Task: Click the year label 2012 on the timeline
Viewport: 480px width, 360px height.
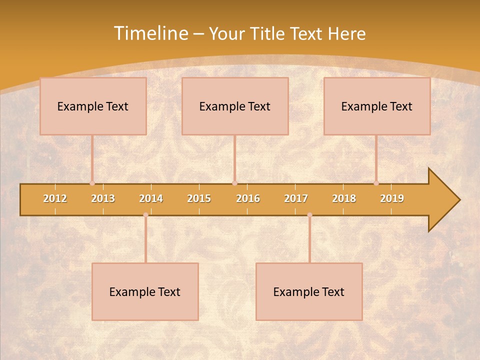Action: click(x=55, y=198)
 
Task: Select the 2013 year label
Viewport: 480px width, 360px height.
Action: click(x=103, y=198)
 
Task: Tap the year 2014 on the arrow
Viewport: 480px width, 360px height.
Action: click(x=151, y=198)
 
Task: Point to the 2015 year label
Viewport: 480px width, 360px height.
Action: click(x=199, y=198)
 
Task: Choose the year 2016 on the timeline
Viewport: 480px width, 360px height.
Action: click(x=248, y=198)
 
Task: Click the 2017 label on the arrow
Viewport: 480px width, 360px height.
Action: click(x=296, y=198)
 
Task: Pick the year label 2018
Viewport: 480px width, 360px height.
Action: click(x=344, y=198)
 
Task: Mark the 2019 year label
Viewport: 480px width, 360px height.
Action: click(x=392, y=198)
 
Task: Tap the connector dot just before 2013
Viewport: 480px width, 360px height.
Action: click(x=92, y=183)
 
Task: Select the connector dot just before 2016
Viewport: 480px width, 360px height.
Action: click(x=234, y=183)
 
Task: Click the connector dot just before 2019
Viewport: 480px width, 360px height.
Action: click(x=376, y=183)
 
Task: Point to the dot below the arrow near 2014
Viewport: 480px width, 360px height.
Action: click(x=145, y=215)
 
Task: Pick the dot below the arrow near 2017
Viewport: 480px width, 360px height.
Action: click(x=309, y=215)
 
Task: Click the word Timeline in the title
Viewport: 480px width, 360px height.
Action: click(x=150, y=33)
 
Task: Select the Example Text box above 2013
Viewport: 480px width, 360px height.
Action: click(x=93, y=106)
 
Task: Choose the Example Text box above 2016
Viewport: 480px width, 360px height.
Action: click(x=235, y=106)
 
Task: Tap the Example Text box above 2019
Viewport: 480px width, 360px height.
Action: click(x=377, y=106)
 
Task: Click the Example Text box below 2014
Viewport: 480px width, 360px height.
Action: click(x=145, y=291)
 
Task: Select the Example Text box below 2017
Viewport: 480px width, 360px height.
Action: click(x=309, y=291)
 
